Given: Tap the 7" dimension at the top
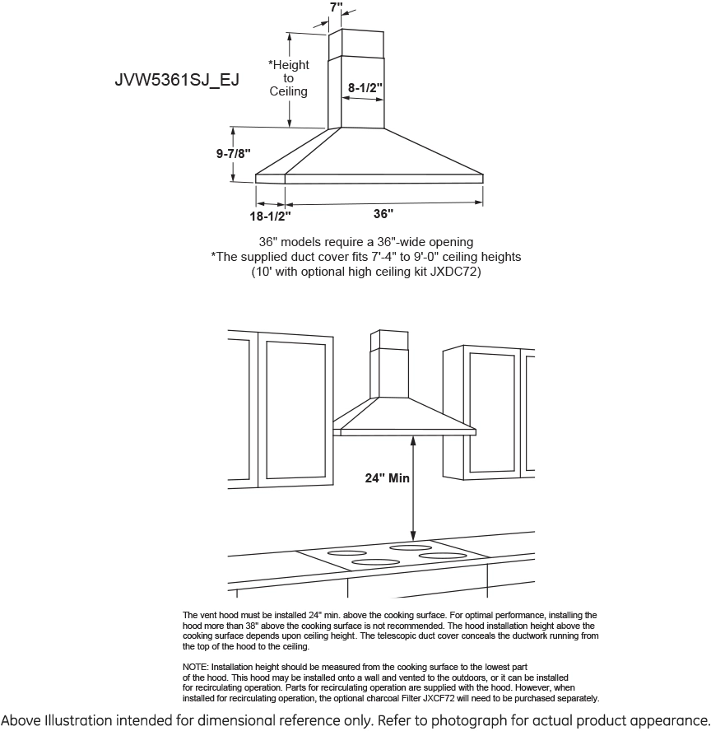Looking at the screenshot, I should click(x=336, y=7).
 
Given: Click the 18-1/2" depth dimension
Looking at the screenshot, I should click(x=271, y=215).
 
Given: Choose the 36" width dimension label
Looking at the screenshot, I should click(x=383, y=213).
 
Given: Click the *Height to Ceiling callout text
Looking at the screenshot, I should click(x=289, y=78).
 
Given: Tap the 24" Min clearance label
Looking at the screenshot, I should click(x=388, y=477).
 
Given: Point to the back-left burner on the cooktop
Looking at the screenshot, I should click(x=347, y=552).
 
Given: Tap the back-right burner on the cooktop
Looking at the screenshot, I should click(x=411, y=547).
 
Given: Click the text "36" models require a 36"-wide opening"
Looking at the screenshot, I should click(x=365, y=242).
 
